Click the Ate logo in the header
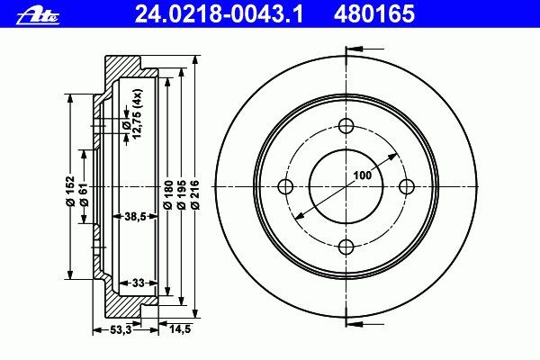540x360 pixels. (38, 16)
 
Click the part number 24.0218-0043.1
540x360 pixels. (219, 13)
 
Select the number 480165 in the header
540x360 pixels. (374, 13)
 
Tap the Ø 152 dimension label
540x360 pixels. (70, 191)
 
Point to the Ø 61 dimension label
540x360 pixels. (85, 194)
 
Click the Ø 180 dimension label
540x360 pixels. (168, 194)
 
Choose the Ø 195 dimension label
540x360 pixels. (182, 194)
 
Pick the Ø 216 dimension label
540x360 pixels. (195, 194)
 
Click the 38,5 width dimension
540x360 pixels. (135, 216)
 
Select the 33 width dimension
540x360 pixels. (138, 283)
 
